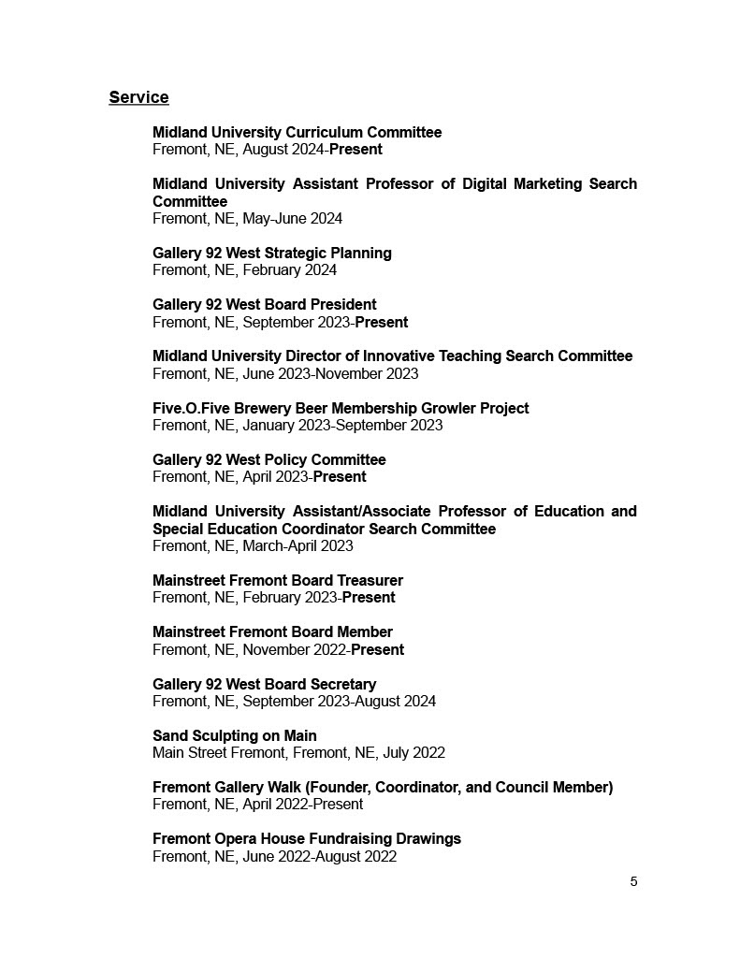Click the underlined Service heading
point(138,97)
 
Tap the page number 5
point(633,881)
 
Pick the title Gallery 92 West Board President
point(265,304)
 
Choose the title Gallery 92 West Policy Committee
point(269,459)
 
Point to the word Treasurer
point(368,580)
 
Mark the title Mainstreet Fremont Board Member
point(272,631)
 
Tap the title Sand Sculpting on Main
point(235,735)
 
